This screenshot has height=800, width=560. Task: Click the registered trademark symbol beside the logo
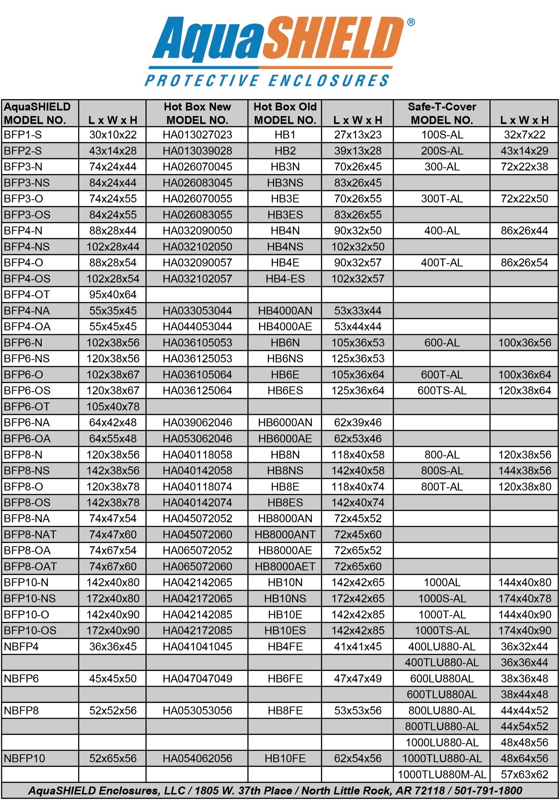(411, 22)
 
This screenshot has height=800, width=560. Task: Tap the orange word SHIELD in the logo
(332, 39)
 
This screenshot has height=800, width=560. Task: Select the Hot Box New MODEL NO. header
(197, 113)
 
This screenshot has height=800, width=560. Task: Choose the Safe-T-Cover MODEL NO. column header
(442, 113)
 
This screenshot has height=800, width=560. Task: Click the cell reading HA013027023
(197, 135)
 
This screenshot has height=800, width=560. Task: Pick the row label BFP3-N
(23, 167)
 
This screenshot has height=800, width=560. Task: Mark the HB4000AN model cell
(285, 310)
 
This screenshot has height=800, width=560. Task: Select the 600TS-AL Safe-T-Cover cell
(442, 391)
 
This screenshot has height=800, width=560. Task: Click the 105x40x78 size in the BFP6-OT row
(113, 407)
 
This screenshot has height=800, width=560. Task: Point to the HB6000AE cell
(285, 438)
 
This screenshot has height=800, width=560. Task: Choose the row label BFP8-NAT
(30, 534)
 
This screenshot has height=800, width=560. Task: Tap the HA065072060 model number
(197, 566)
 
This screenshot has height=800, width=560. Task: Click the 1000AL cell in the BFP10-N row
(442, 582)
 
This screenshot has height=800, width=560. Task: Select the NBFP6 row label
(21, 679)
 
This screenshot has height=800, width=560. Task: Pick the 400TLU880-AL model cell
(442, 662)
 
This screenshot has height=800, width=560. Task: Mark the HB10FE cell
(285, 758)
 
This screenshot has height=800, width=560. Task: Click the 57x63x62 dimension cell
(524, 774)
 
